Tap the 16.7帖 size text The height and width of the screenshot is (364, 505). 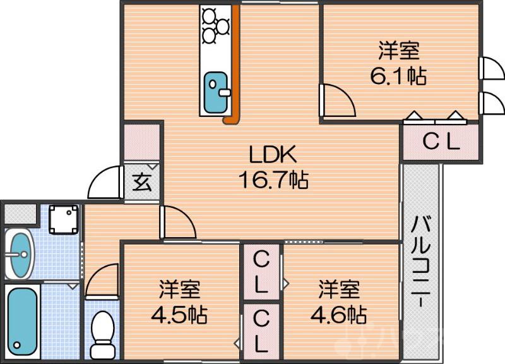pyautogui.click(x=273, y=181)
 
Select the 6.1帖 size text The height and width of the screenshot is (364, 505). pyautogui.click(x=398, y=76)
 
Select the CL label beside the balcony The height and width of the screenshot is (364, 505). pyautogui.click(x=441, y=143)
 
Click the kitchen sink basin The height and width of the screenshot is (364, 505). pyautogui.click(x=218, y=87)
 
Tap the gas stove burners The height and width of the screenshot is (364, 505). pyautogui.click(x=215, y=25)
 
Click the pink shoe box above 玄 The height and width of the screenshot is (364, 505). pyautogui.click(x=141, y=142)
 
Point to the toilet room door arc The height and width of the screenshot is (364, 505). pyautogui.click(x=101, y=281)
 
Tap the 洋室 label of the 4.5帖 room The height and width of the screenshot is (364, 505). pyautogui.click(x=180, y=289)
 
